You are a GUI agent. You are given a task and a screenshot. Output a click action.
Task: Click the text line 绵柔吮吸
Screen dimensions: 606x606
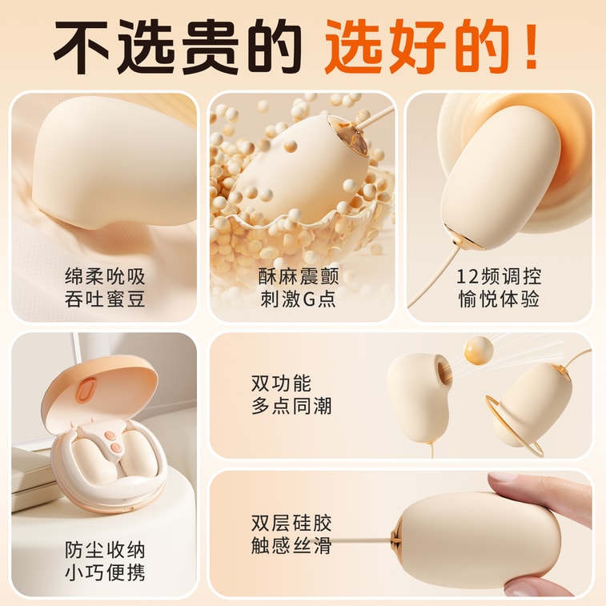click(105, 276)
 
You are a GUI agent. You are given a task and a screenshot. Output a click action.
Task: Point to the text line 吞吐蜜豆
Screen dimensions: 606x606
click(105, 299)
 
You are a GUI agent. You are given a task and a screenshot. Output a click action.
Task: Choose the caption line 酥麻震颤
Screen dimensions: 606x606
click(299, 276)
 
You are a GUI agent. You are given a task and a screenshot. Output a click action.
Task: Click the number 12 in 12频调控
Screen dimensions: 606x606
click(468, 277)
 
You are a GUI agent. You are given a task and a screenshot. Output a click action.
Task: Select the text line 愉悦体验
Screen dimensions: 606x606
click(499, 299)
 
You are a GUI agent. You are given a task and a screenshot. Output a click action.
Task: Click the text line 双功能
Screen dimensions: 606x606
click(281, 383)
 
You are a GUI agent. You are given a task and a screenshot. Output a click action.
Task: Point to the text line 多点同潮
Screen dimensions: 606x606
click(291, 406)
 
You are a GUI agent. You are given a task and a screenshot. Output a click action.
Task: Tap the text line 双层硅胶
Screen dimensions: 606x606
click(291, 524)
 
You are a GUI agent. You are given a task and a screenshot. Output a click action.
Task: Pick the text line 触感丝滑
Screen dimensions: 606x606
click(291, 546)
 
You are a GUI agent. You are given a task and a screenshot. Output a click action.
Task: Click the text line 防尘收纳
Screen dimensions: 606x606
click(105, 550)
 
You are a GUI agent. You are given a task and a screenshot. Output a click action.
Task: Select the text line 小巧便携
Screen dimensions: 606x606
click(105, 572)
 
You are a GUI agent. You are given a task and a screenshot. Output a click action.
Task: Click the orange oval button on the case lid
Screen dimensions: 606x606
click(86, 391)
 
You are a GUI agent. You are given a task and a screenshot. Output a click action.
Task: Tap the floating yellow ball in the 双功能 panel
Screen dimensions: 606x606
click(479, 351)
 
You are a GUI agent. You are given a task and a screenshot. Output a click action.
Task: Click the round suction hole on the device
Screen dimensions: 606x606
click(443, 371)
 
